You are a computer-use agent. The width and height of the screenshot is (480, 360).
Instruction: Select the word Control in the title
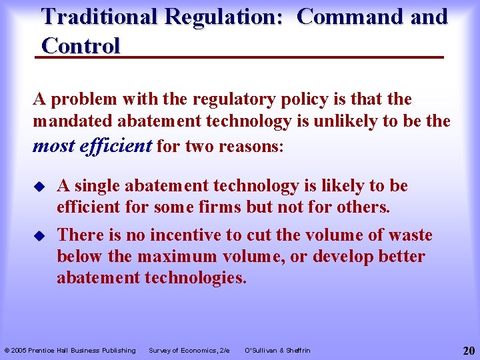tap(81, 46)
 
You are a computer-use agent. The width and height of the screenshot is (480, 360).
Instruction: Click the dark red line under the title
tap(240, 59)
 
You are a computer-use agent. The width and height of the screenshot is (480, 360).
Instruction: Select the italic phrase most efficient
tap(92, 146)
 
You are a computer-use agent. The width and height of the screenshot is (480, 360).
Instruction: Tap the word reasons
tap(252, 147)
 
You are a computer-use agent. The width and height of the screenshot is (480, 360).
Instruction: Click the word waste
tap(407, 235)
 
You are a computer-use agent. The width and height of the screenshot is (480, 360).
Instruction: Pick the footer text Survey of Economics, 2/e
tap(189, 351)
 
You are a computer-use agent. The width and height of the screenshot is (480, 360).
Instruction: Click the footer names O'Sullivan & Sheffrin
tap(277, 351)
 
